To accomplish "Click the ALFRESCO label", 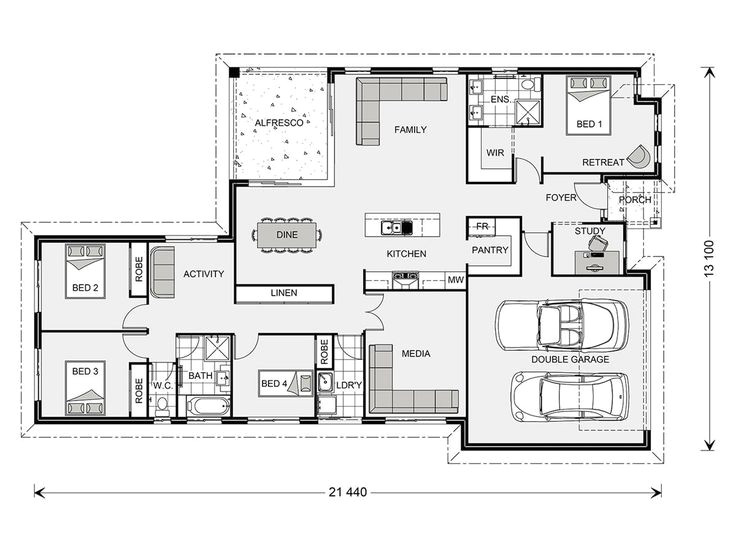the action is click(279, 123).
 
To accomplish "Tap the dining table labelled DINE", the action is click(287, 234).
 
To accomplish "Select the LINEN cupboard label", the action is click(284, 293).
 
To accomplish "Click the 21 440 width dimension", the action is click(348, 492).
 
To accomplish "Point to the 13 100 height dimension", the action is click(709, 258).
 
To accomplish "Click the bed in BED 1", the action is click(589, 106).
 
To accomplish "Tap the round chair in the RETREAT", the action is click(638, 156).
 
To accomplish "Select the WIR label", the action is click(495, 153).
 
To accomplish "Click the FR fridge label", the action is click(482, 227).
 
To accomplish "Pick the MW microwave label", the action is click(455, 280).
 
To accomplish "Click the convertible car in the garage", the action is click(562, 324).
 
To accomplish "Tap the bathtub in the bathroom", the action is click(208, 406).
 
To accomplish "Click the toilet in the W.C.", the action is click(162, 405).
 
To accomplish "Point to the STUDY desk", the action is click(597, 262).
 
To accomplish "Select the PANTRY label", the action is click(490, 250).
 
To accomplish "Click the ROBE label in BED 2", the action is click(139, 269).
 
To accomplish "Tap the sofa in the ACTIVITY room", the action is click(162, 273).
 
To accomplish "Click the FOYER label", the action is click(560, 198).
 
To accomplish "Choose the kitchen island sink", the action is click(397, 227).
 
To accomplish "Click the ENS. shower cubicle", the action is click(528, 113).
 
